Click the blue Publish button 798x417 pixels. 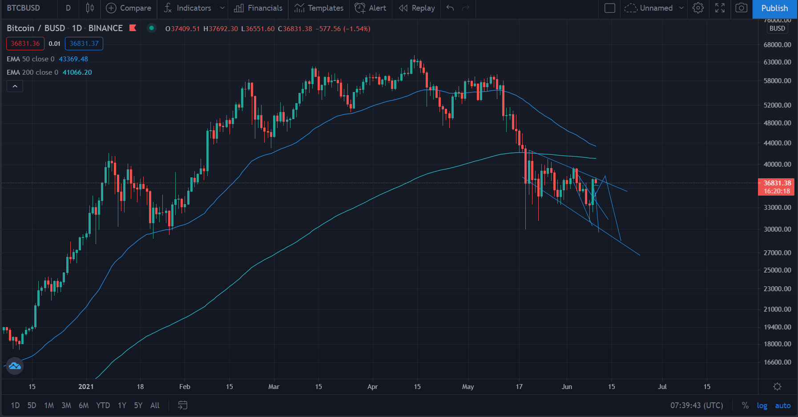click(774, 8)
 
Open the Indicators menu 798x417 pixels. click(187, 8)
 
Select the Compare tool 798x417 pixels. click(129, 8)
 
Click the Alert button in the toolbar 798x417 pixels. click(371, 8)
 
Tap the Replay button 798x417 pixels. click(417, 8)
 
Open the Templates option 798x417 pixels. click(319, 8)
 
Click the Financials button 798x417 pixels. click(258, 8)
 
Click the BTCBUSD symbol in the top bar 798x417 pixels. click(24, 8)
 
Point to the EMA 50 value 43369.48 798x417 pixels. click(73, 59)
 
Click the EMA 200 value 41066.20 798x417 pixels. click(77, 72)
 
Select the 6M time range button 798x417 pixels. click(84, 405)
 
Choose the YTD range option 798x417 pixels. click(103, 405)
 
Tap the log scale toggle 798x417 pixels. click(762, 405)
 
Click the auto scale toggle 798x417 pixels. click(783, 405)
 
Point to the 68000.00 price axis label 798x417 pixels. click(778, 45)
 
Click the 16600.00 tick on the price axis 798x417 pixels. click(778, 362)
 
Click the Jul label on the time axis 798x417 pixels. click(662, 387)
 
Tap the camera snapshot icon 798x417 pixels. click(742, 8)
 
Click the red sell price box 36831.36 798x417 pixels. click(25, 44)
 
